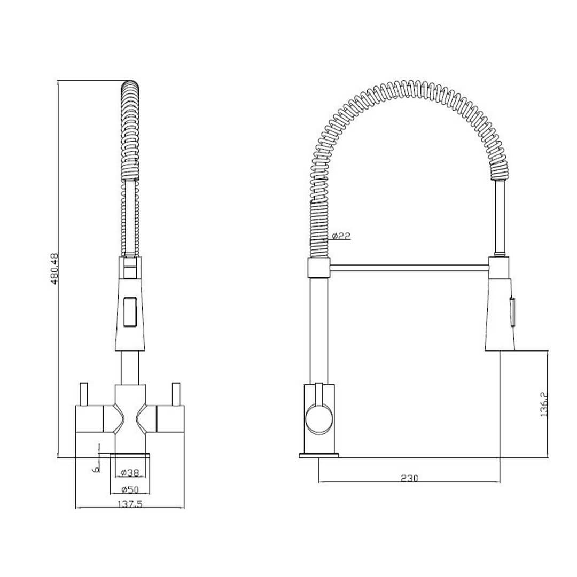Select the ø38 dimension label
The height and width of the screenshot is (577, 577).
pyautogui.click(x=130, y=472)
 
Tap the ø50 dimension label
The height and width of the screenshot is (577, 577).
pyautogui.click(x=130, y=489)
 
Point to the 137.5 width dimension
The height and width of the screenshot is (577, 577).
pyautogui.click(x=130, y=504)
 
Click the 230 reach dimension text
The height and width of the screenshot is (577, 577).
pyautogui.click(x=409, y=478)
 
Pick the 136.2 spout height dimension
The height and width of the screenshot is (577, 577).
pyautogui.click(x=543, y=404)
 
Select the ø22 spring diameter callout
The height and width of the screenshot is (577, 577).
pyautogui.click(x=340, y=236)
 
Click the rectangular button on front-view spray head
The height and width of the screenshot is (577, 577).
pyautogui.click(x=130, y=311)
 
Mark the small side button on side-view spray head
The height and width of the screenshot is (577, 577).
pyautogui.click(x=513, y=310)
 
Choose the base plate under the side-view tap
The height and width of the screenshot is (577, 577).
pyautogui.click(x=319, y=456)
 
